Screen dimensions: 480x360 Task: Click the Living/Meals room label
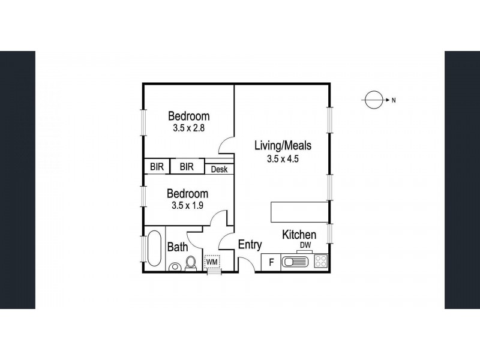pos(283,145)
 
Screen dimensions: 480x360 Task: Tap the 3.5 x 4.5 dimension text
pos(283,159)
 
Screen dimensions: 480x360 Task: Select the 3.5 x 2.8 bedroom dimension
pos(188,128)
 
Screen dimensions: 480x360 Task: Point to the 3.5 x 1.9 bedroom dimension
pos(187,205)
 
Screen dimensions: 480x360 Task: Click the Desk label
pos(219,169)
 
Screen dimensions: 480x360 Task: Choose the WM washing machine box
pos(212,262)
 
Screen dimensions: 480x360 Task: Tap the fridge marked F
pos(271,262)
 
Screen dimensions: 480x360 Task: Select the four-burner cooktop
pos(321,262)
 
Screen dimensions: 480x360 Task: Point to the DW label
pos(305,245)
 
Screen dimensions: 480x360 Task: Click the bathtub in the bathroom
pos(154,248)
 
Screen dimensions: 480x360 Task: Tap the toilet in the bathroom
pos(191,263)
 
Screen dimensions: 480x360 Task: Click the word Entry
pos(250,245)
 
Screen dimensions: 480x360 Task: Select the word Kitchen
pos(299,235)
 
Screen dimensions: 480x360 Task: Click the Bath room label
pos(178,247)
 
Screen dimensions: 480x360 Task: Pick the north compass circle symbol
pos(374,100)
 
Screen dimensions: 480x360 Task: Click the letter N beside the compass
pos(394,100)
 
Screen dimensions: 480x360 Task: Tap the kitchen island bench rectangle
pos(299,212)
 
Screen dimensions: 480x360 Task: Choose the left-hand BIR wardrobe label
pos(157,167)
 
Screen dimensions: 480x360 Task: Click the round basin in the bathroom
pos(174,267)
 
